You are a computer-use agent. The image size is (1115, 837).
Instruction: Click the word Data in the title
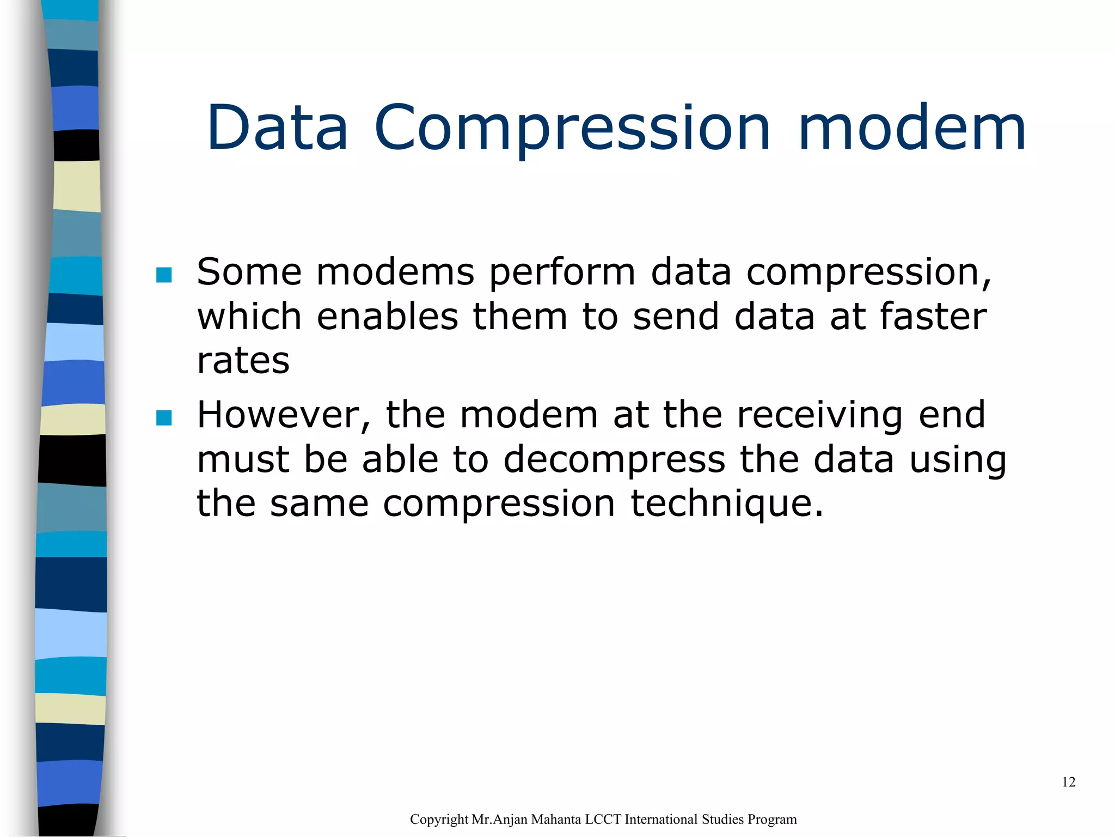pyautogui.click(x=277, y=128)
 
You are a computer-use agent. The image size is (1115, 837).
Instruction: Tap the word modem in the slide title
pyautogui.click(x=912, y=128)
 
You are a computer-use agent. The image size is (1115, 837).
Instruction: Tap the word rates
pyautogui.click(x=243, y=361)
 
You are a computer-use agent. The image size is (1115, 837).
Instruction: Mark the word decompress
pyautogui.click(x=614, y=460)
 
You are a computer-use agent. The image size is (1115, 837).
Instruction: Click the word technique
pyautogui.click(x=727, y=504)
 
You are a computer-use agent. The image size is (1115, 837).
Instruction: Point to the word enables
pyautogui.click(x=387, y=317)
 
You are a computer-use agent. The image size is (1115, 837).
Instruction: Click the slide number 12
pyautogui.click(x=1068, y=783)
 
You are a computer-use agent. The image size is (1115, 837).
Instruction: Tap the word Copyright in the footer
pyautogui.click(x=439, y=820)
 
